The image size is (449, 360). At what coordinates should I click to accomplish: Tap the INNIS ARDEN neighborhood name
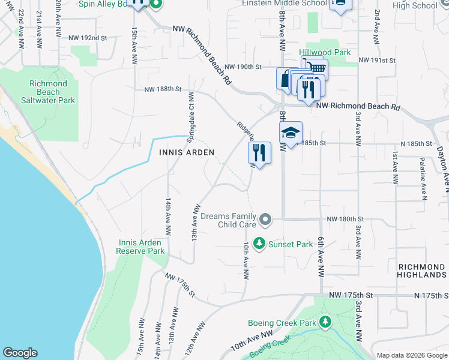coord(187,152)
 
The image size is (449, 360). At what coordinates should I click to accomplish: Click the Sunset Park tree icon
coord(259,244)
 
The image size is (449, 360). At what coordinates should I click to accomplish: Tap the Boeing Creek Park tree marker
coord(325,323)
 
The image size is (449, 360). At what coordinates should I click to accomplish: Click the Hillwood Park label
coord(325,52)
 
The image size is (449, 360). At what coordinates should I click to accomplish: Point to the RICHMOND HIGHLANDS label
coord(422,270)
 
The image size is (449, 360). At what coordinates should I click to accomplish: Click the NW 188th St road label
coord(163,89)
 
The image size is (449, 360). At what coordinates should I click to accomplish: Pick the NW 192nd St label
coord(88,37)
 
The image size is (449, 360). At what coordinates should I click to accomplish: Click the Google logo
coord(20,353)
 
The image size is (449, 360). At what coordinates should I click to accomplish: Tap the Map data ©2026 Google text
coord(411,355)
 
